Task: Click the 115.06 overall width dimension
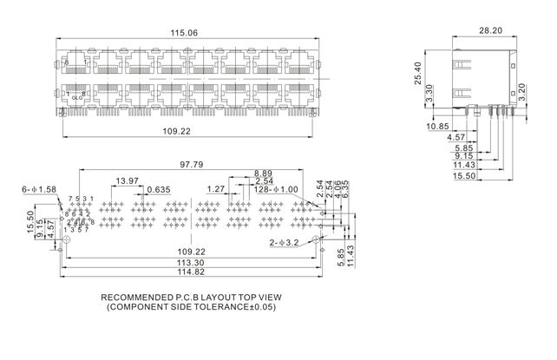coord(184,33)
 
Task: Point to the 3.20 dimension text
coord(523,90)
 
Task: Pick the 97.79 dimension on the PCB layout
coord(192,164)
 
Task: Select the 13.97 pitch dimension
coord(127,180)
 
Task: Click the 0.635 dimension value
coord(158,190)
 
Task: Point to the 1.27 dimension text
coord(215,188)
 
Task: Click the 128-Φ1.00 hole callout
coord(277,188)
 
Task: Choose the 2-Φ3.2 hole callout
coord(284,243)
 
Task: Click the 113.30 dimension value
coord(191,263)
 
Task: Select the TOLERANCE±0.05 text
coord(232,307)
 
